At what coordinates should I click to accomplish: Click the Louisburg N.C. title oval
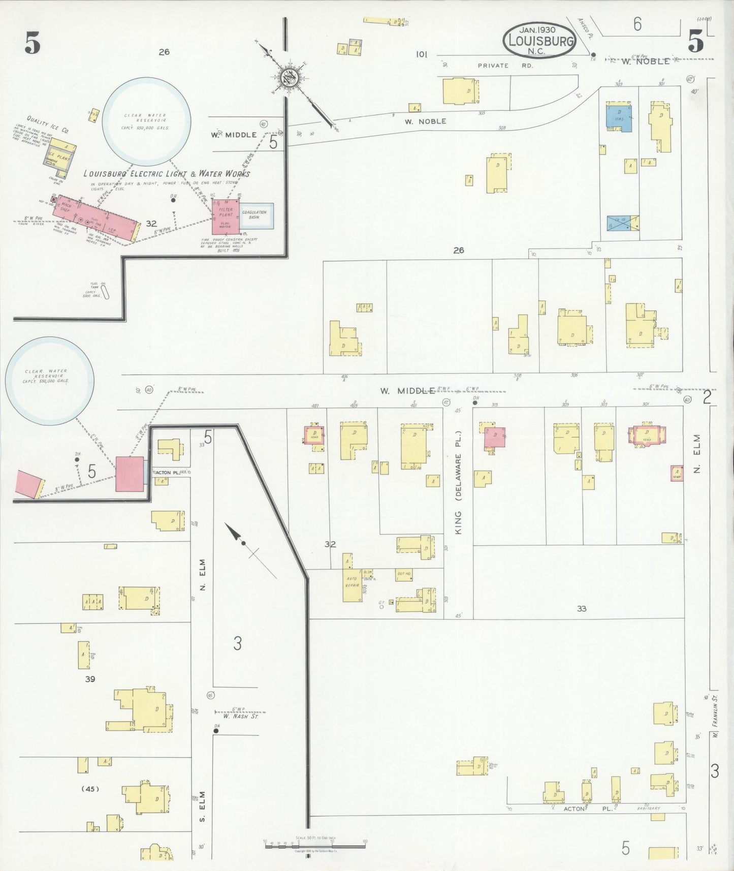539,40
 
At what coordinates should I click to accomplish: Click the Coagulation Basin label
254,214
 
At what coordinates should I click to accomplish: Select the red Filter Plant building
225,216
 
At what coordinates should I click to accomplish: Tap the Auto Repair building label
352,582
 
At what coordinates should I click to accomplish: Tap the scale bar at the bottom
315,842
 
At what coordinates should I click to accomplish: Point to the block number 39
90,679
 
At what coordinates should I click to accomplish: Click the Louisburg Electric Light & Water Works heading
167,174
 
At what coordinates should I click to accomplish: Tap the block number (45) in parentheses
90,789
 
